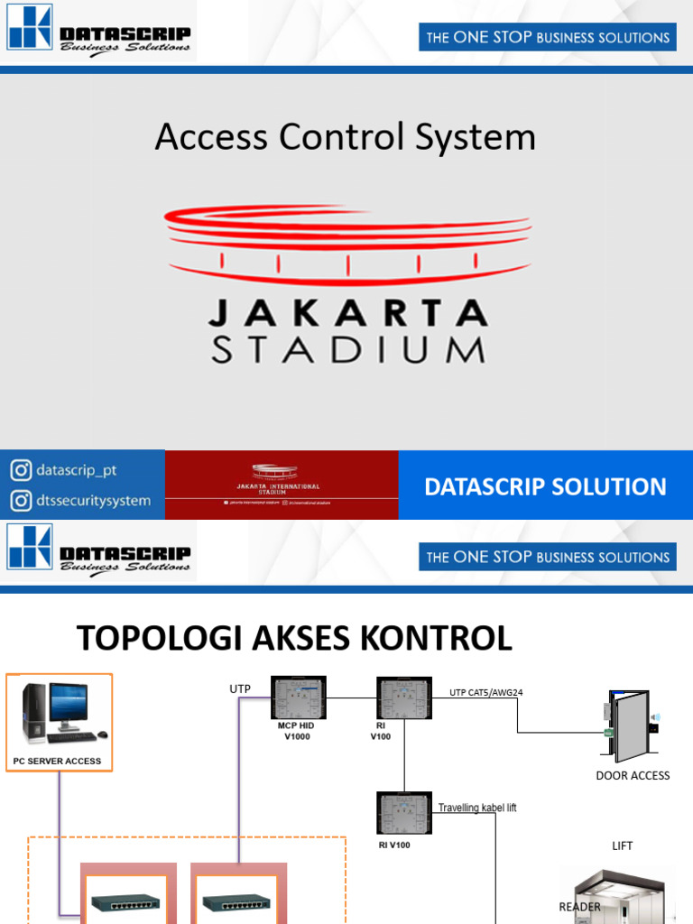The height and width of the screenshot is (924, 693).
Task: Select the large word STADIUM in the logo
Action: (x=347, y=351)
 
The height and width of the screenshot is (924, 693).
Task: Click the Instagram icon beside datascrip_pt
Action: (x=21, y=470)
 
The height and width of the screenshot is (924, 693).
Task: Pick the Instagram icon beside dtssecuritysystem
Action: (x=21, y=500)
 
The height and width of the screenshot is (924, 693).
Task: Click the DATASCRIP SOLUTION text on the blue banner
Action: (x=545, y=486)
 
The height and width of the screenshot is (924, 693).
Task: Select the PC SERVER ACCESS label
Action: (x=58, y=762)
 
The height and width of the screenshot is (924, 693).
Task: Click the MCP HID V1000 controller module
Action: (x=299, y=697)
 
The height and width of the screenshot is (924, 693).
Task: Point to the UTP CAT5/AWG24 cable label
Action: (x=486, y=693)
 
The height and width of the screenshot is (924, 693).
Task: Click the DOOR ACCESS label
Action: (x=633, y=775)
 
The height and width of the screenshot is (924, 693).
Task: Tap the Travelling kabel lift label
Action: (x=477, y=808)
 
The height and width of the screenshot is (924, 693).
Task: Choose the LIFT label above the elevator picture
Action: (x=622, y=845)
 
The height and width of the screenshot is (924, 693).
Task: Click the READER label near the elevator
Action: (x=579, y=907)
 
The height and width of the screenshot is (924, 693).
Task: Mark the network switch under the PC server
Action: (x=125, y=902)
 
